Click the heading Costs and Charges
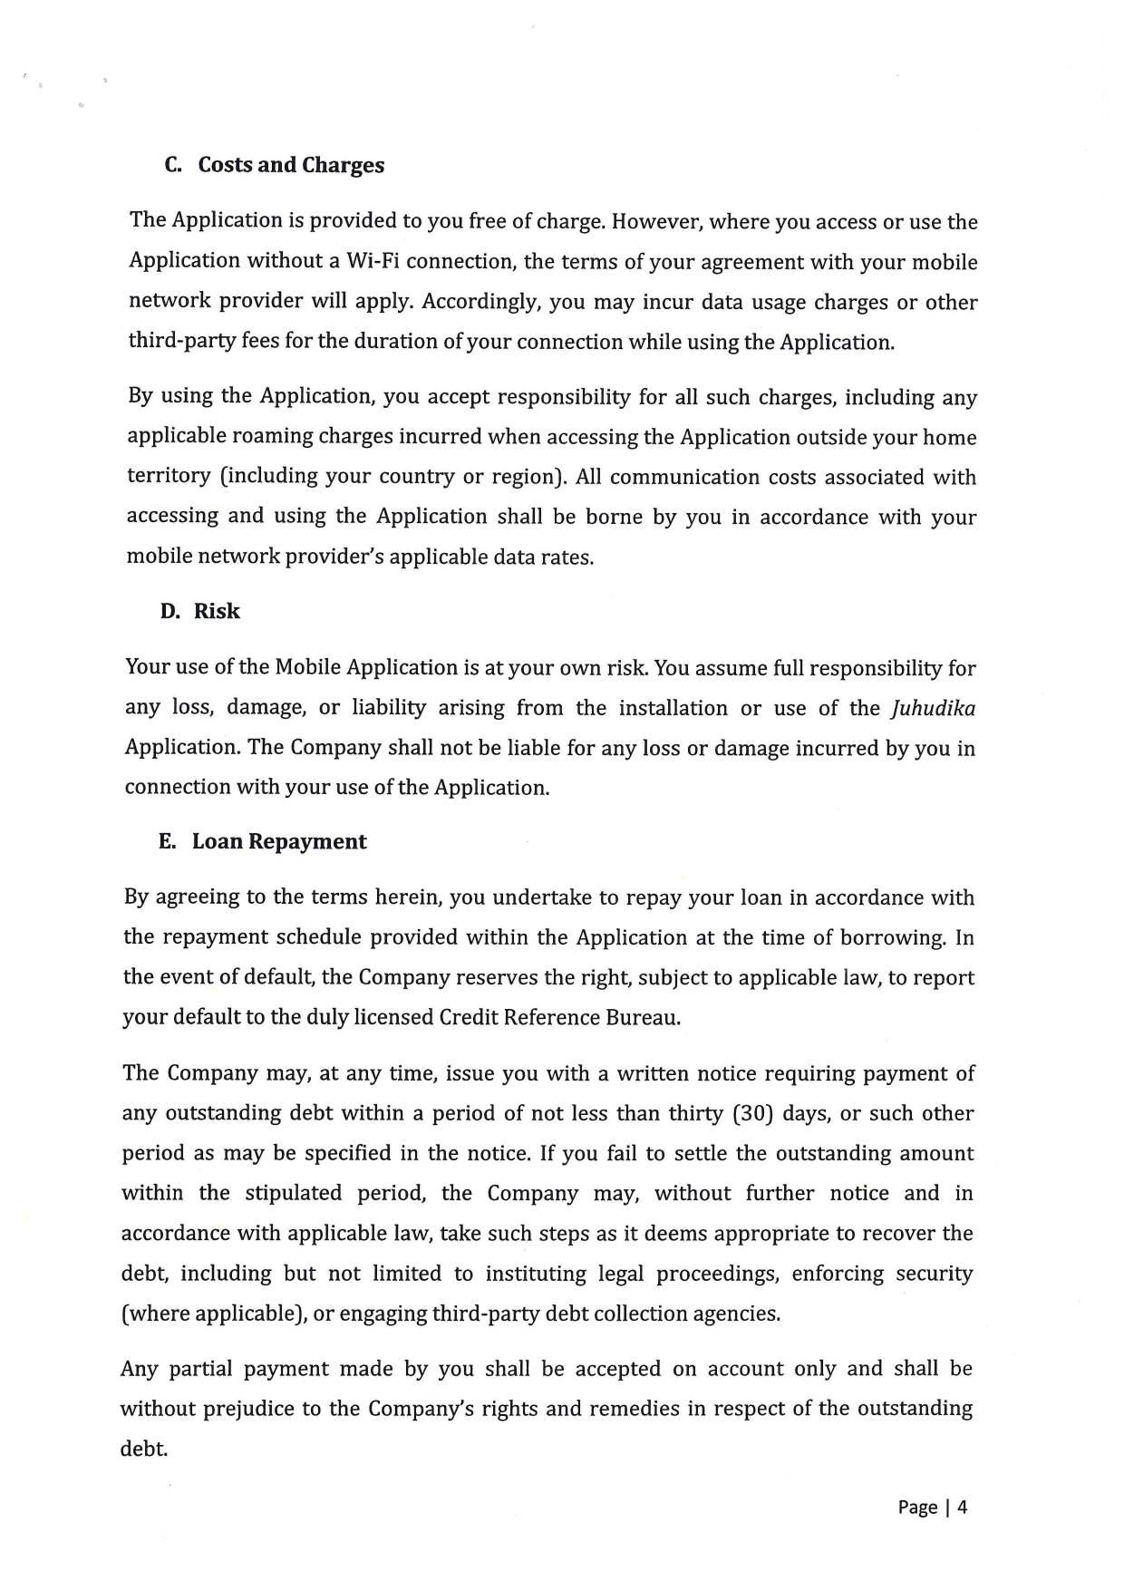[291, 165]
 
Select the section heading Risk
[217, 611]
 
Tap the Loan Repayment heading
[279, 841]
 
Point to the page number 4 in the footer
[963, 1507]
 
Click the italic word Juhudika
[935, 708]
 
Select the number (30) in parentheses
[751, 1113]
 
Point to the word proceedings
[717, 1274]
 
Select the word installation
[673, 708]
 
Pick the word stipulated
[294, 1193]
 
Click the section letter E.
[167, 841]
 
